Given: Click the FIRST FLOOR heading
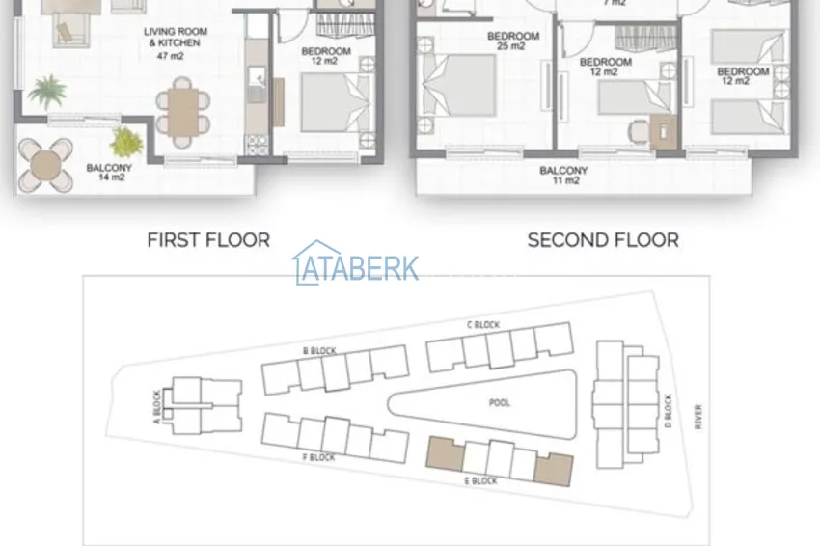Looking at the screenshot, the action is pos(208,240).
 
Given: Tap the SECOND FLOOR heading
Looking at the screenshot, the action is pos(603,240).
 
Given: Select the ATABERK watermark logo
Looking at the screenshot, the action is pos(356,263).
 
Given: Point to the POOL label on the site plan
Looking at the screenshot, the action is pos(500,402).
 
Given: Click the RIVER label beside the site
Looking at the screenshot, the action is pos(698,417).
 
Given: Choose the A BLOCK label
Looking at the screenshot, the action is pos(157,407).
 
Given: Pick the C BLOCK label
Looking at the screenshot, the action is pos(483,325).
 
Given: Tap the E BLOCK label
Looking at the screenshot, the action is pos(481,480).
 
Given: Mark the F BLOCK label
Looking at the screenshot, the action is pos(318,457).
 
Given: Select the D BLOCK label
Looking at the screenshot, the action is pos(668,411).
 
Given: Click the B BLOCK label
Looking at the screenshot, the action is pos(319,351).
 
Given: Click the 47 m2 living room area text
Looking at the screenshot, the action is pos(171,56).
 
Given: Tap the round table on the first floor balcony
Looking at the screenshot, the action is pos(45,165).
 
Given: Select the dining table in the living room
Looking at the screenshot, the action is pos(183,112).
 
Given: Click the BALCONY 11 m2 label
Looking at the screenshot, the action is pos(563,176).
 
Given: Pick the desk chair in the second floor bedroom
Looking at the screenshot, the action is pos(638,131).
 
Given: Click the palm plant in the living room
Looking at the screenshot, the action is pos(47,91).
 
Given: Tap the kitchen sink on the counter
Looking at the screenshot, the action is pos(257,86).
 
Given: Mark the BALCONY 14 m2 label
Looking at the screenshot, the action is pos(109,173).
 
